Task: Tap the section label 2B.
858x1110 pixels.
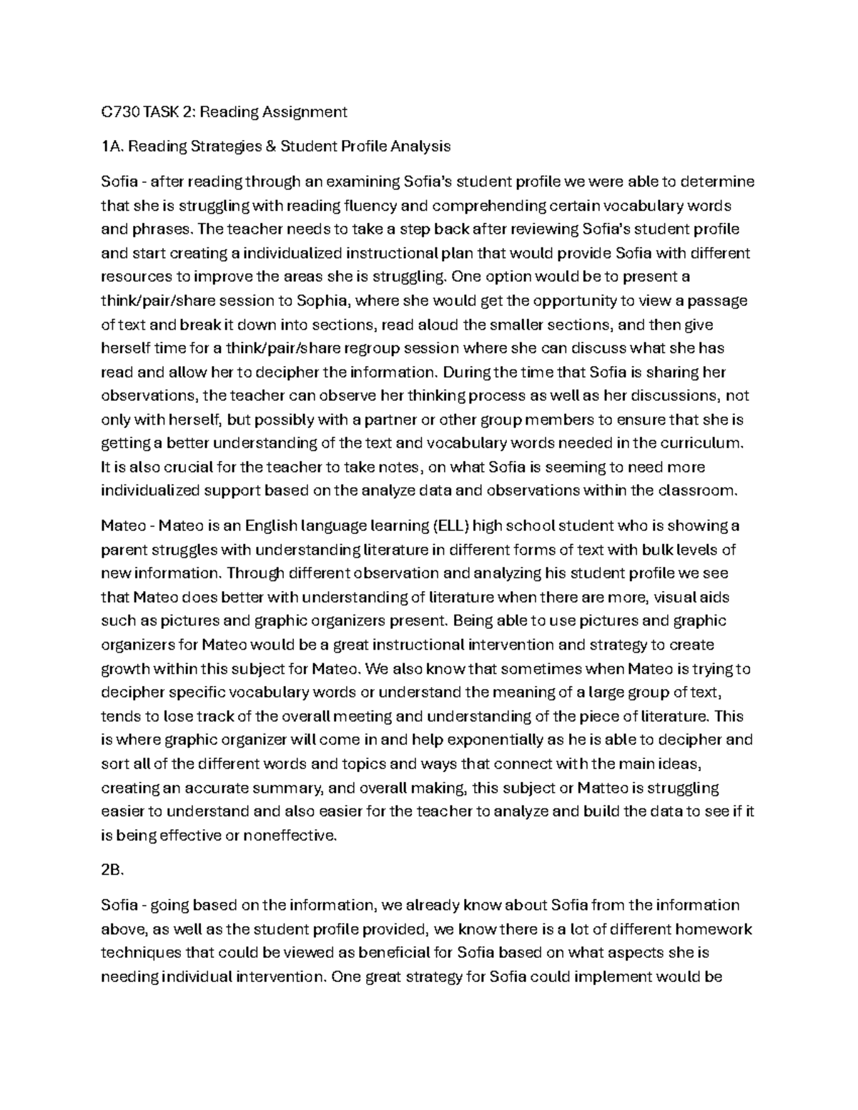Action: pyautogui.click(x=112, y=871)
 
